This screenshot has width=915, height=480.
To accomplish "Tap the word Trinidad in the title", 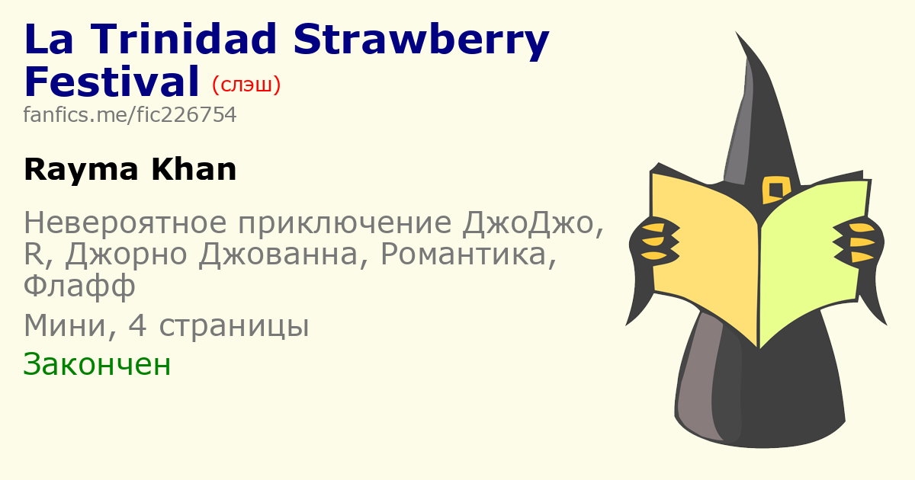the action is tap(184, 38).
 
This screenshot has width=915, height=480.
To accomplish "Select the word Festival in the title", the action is tap(111, 82).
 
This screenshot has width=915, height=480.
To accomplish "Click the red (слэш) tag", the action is tap(246, 85).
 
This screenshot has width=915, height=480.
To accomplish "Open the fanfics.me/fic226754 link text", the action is tap(130, 115).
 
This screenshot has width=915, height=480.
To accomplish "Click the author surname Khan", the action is tap(194, 169).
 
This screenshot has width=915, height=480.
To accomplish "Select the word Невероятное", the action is tap(125, 222).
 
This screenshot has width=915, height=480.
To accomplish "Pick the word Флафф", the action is tap(79, 286).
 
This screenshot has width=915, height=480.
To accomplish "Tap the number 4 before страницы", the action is tap(137, 326).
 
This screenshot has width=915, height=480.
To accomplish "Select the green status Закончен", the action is tap(97, 364).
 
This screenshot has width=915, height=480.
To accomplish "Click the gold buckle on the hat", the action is tap(776, 190).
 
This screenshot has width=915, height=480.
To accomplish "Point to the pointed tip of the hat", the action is tap(737, 32).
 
